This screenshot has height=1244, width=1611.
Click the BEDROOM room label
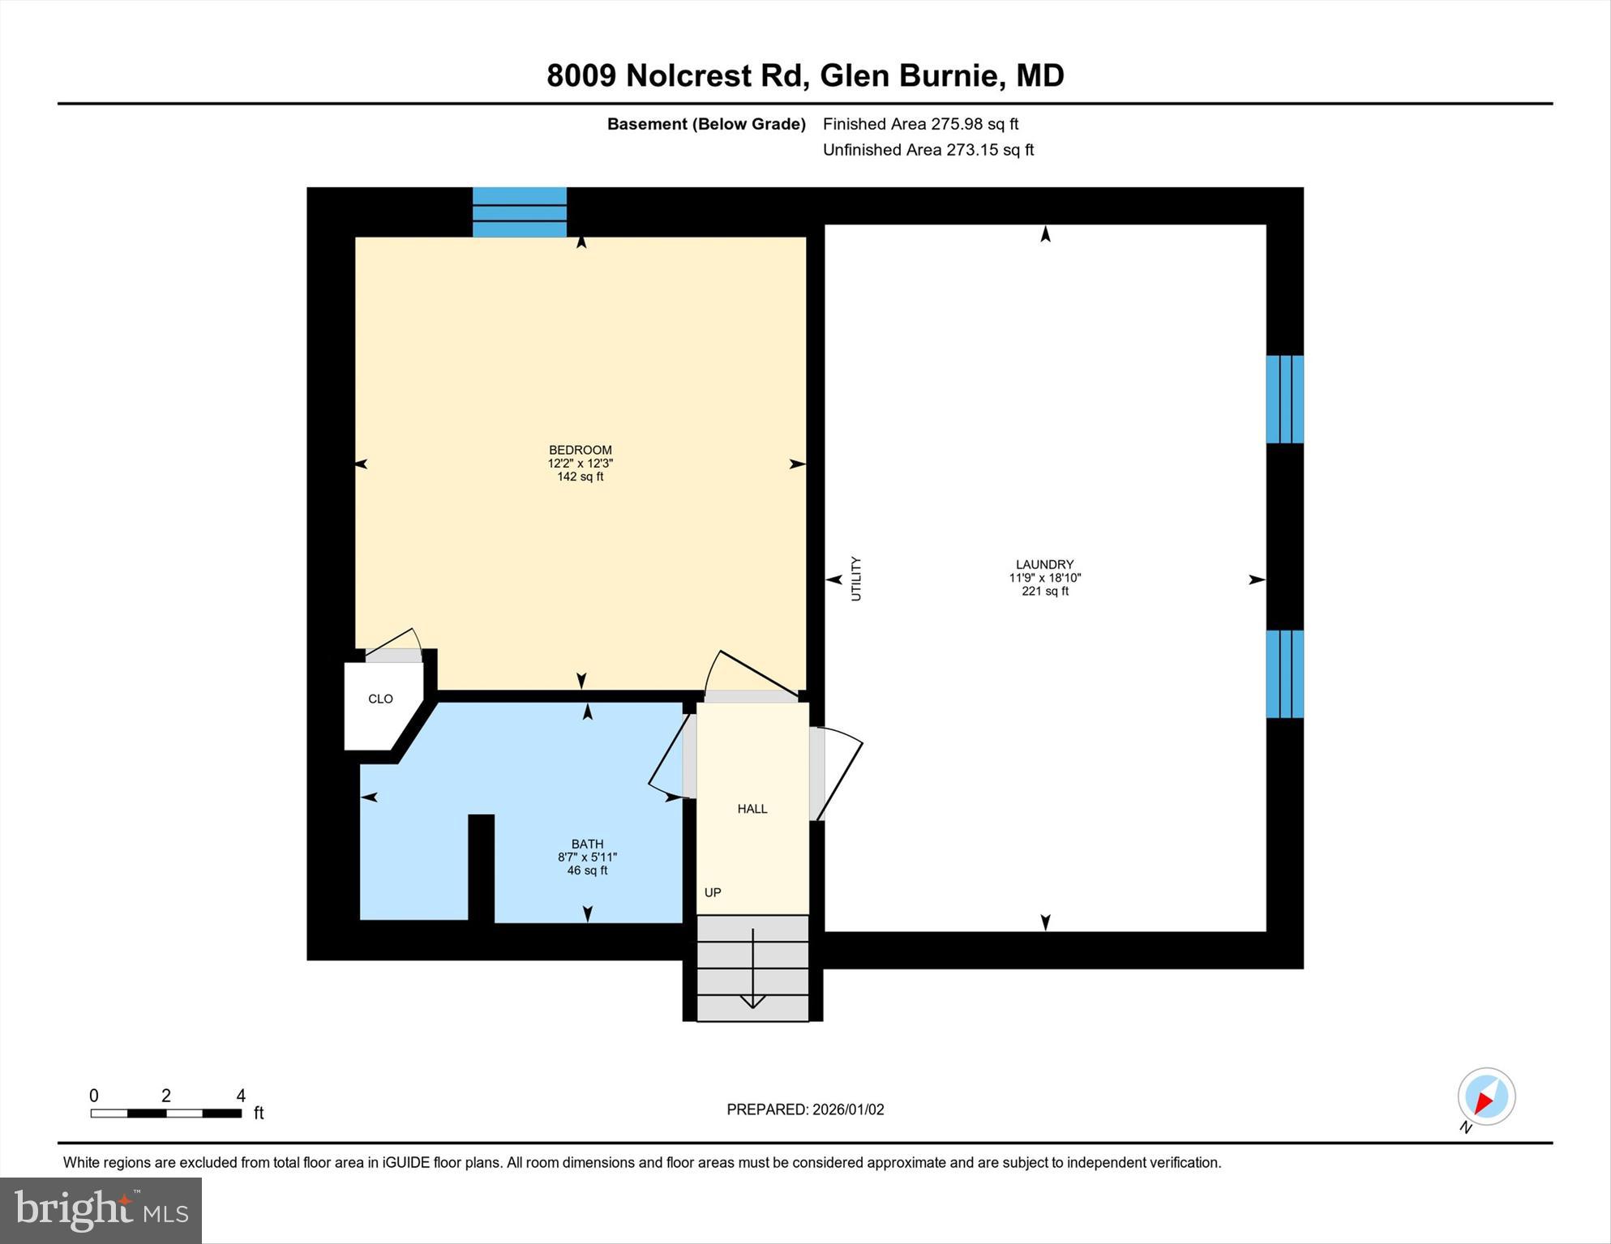click(580, 450)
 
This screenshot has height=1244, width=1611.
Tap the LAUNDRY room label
click(1044, 564)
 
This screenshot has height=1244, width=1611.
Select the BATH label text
click(587, 844)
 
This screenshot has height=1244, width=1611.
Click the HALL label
click(752, 809)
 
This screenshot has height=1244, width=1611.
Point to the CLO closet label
click(380, 699)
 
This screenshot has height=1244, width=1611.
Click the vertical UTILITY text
click(856, 579)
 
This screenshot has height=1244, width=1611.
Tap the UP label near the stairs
click(713, 892)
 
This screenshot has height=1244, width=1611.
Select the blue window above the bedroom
click(519, 212)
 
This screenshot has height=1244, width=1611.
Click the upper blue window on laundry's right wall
click(1284, 400)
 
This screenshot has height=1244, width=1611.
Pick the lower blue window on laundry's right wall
click(1284, 674)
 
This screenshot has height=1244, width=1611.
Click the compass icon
click(1486, 1097)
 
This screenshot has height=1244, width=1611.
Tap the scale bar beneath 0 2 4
click(166, 1114)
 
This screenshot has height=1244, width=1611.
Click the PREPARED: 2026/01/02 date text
click(805, 1109)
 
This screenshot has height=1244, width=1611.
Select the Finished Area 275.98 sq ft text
click(920, 124)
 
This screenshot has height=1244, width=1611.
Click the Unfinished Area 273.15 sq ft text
click(928, 150)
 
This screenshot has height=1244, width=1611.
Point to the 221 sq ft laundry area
click(1044, 592)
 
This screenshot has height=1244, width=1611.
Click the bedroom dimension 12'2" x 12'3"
click(580, 464)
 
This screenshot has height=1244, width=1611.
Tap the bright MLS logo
click(101, 1211)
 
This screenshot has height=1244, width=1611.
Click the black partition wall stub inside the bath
click(481, 867)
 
